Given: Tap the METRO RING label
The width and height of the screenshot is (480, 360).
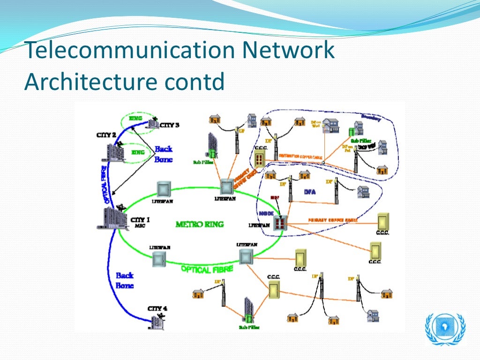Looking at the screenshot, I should tap(199, 224).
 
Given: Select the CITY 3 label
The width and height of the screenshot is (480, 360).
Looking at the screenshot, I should tap(169, 125).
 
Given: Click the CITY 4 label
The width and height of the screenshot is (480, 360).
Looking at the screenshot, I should tap(157, 308).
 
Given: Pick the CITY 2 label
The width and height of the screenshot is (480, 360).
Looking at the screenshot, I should tap(106, 135).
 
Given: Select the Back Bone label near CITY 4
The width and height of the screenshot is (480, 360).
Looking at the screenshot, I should tap(125, 280).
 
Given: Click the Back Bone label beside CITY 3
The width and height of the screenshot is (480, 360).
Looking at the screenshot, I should tap(163, 154).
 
